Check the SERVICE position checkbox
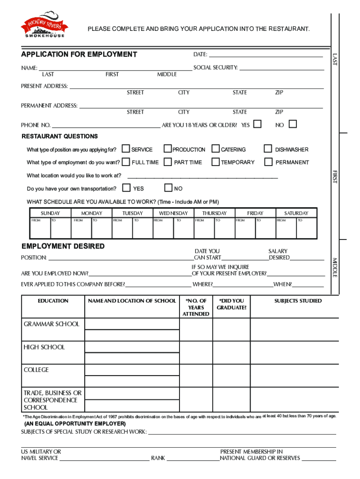(126, 149)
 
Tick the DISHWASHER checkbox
(268, 149)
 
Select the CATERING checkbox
(216, 149)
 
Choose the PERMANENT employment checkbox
(268, 162)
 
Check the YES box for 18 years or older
(257, 124)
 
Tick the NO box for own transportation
(168, 188)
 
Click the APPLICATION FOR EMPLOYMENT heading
(79, 54)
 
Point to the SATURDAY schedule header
(296, 213)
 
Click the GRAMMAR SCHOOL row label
(51, 324)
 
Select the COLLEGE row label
(36, 370)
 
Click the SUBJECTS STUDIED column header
(298, 301)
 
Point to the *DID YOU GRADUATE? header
(231, 304)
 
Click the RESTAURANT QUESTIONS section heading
(60, 136)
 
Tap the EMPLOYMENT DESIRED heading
(63, 246)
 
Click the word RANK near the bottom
(158, 458)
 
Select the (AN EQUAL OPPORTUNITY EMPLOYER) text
(75, 424)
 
